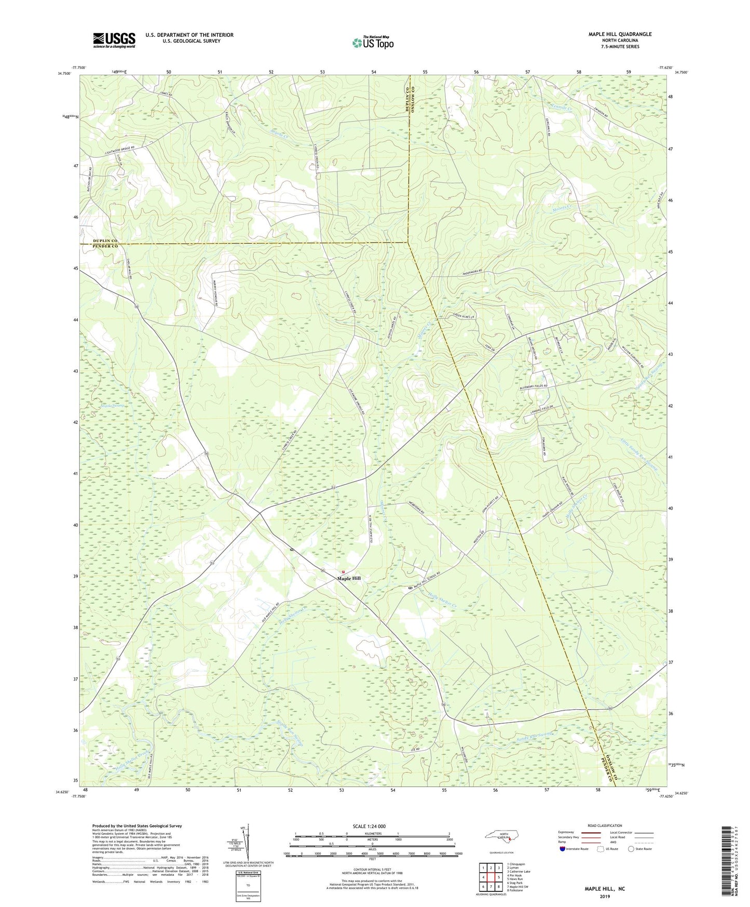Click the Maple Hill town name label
[348, 578]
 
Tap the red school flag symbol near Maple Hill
[343, 572]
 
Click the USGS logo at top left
[114, 40]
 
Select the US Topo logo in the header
[373, 43]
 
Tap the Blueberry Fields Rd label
[534, 387]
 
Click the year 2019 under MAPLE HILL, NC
[605, 896]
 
